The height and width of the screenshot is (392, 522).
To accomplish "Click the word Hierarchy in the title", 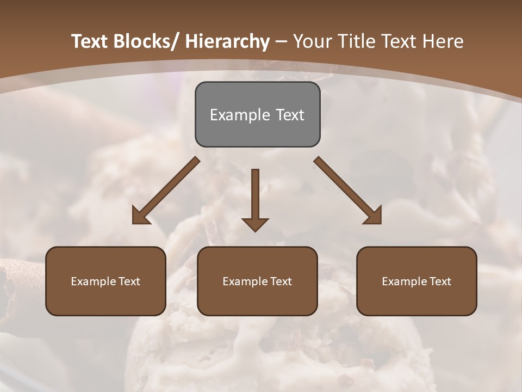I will tap(227, 41).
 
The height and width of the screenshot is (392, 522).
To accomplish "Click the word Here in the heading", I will tap(443, 41).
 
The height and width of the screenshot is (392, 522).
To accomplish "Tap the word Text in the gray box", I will tap(289, 115).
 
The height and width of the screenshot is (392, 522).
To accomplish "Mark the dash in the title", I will tap(281, 41).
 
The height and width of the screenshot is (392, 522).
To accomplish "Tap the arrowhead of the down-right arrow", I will tap(373, 216).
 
